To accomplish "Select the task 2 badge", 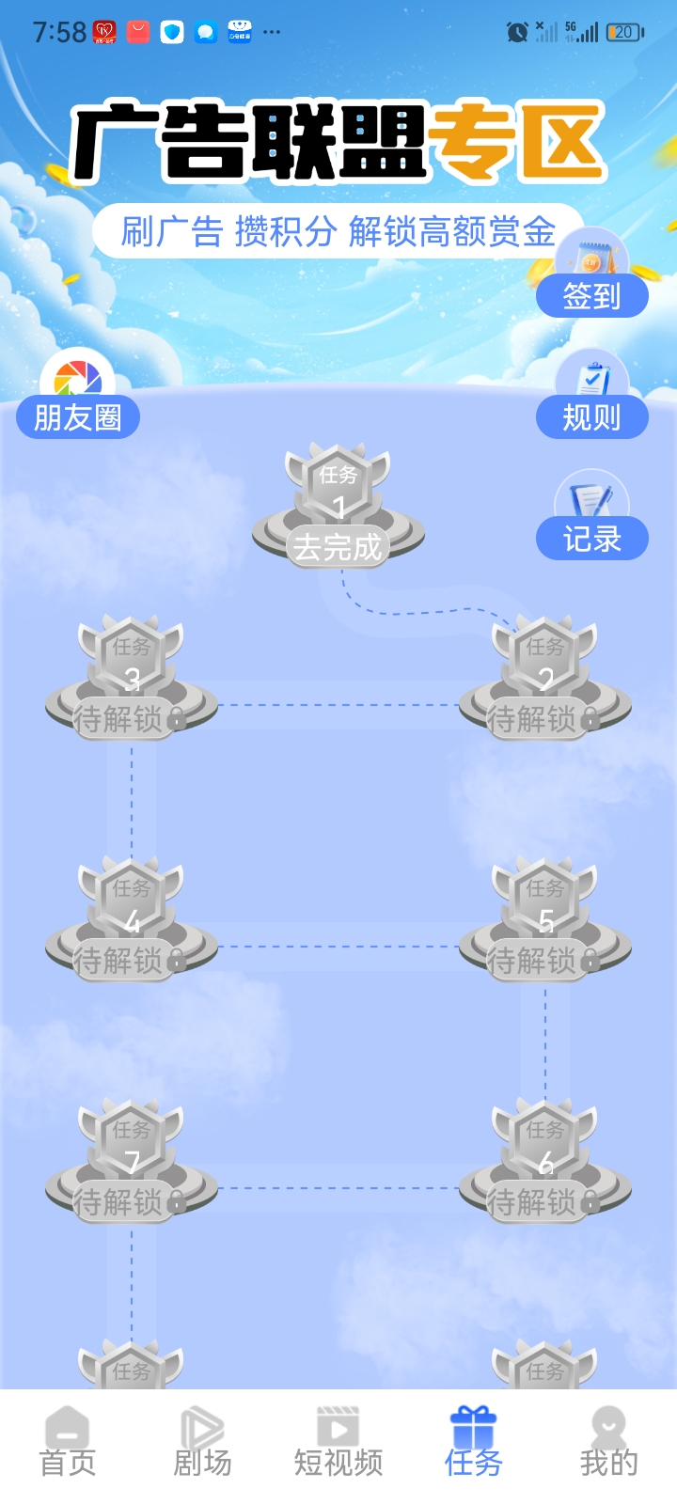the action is coord(544,678).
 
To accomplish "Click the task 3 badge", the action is coord(132,678).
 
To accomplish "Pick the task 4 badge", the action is coord(132,920).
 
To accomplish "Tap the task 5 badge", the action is coord(544,920).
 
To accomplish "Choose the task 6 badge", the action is coord(544,1162).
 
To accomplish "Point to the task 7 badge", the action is coord(132,1162).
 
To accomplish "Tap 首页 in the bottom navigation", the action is coord(68,1442).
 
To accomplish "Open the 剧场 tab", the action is coord(203,1442).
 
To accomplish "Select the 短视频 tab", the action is coord(338,1442).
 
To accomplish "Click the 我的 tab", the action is coord(608,1442).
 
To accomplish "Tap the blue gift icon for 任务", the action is coord(474,1426).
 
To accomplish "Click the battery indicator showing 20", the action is coord(625,32).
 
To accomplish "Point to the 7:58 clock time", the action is coord(59,32).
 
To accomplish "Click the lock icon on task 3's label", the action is coord(177,718).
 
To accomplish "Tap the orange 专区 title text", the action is coord(514,142).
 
